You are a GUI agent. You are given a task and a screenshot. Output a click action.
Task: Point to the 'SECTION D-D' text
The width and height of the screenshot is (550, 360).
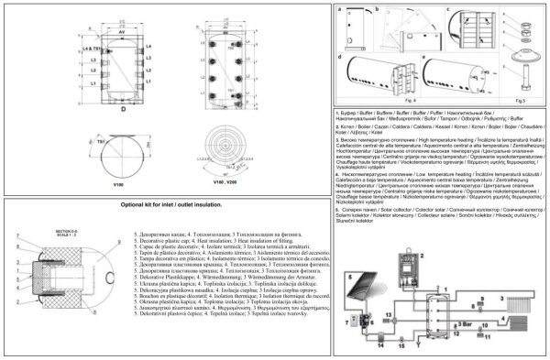pos(32,233)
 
